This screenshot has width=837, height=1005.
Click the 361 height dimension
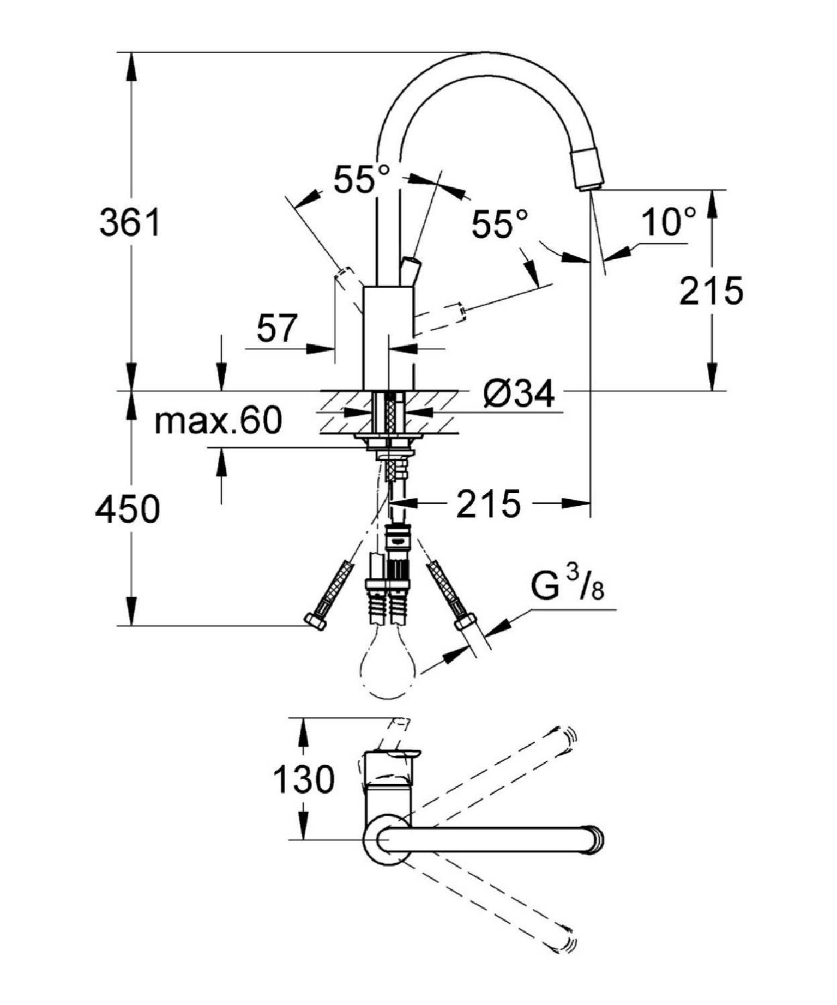pos(130,222)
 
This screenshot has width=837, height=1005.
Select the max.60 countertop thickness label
pos(218,421)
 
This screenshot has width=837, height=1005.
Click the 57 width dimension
pos(277,328)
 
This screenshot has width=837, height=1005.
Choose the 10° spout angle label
pos(669,222)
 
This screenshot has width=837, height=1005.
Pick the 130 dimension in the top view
pos(303,779)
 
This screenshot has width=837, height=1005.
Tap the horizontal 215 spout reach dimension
pos(488,504)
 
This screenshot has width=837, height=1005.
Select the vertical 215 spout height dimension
pos(710,291)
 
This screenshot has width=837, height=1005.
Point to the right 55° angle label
pos(499,224)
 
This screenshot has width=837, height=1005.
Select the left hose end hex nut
pos(315,622)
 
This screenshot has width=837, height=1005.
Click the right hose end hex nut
pos(465,621)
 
